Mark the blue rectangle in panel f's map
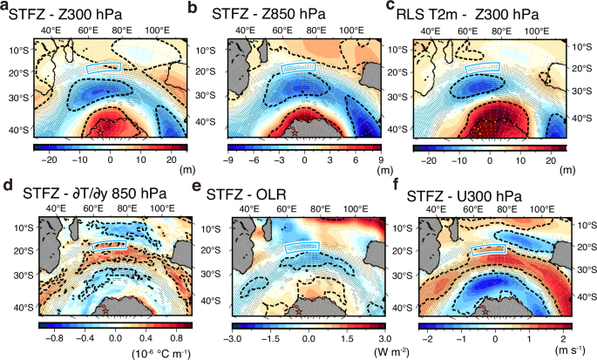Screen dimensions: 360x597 [x=489, y=251]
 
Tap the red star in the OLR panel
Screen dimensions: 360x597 [x=297, y=309]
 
